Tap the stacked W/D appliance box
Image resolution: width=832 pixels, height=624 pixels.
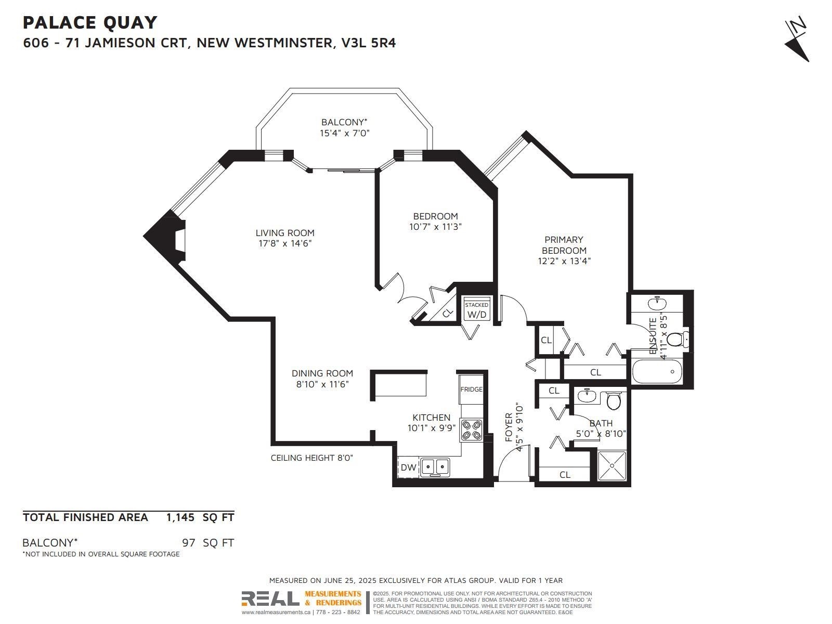[x=476, y=309]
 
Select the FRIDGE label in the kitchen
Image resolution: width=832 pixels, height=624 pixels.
[x=471, y=389]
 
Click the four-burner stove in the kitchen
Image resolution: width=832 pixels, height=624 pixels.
[x=471, y=430]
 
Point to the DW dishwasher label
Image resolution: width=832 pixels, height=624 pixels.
[x=408, y=467]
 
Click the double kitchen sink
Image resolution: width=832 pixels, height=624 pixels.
[x=435, y=467]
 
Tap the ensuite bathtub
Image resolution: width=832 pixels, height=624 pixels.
[x=657, y=372]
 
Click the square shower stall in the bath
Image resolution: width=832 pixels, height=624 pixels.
[x=612, y=465]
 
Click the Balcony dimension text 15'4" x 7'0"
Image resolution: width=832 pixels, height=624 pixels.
[x=344, y=133]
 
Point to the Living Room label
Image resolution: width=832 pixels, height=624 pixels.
[x=284, y=233]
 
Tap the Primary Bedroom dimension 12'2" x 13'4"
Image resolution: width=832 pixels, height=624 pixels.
[x=564, y=261]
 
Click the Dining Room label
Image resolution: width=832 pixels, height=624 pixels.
[x=322, y=373]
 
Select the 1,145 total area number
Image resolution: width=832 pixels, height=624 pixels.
[x=180, y=517]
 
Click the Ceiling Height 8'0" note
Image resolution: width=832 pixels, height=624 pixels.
[x=311, y=458]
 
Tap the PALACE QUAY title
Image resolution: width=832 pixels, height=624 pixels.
[x=90, y=22]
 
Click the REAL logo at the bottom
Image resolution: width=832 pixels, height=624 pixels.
[x=270, y=599]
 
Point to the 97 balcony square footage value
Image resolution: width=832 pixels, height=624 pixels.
[x=188, y=543]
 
